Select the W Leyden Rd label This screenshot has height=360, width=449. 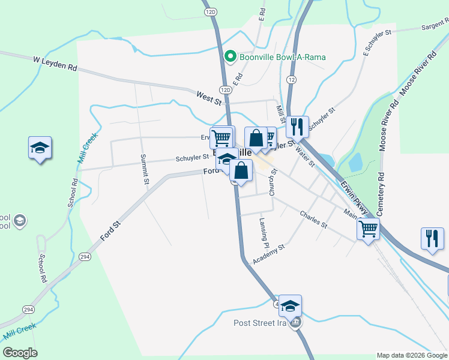[55, 63]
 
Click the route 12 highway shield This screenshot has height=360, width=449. [291, 80]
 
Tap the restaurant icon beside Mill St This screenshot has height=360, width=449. [297, 127]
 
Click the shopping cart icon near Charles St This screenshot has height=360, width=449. [368, 228]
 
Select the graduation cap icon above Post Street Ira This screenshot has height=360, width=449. [290, 305]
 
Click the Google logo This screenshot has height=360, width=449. [20, 353]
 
